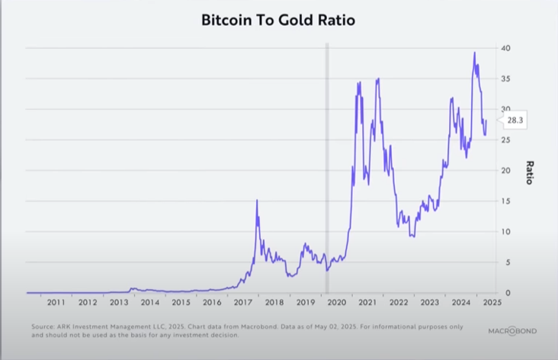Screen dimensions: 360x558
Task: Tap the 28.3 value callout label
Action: tap(515, 120)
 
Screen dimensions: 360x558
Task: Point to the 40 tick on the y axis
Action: tap(505, 49)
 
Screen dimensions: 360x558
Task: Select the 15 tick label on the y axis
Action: tap(505, 201)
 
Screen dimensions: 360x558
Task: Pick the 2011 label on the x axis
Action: tap(56, 303)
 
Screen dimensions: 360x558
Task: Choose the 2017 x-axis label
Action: tap(242, 303)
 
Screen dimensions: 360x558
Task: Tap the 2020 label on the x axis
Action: tap(336, 303)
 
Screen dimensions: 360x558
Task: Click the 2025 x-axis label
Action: tap(492, 303)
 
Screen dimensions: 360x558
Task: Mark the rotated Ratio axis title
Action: tap(528, 172)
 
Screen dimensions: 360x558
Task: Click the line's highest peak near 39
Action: tap(474, 53)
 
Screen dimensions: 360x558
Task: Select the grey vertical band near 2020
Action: tap(327, 168)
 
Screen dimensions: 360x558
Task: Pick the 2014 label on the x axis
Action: tap(149, 303)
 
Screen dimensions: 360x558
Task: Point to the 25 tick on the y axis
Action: tap(505, 140)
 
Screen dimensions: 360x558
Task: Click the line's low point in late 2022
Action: tap(412, 236)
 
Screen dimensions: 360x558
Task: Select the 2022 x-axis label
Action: tap(398, 303)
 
